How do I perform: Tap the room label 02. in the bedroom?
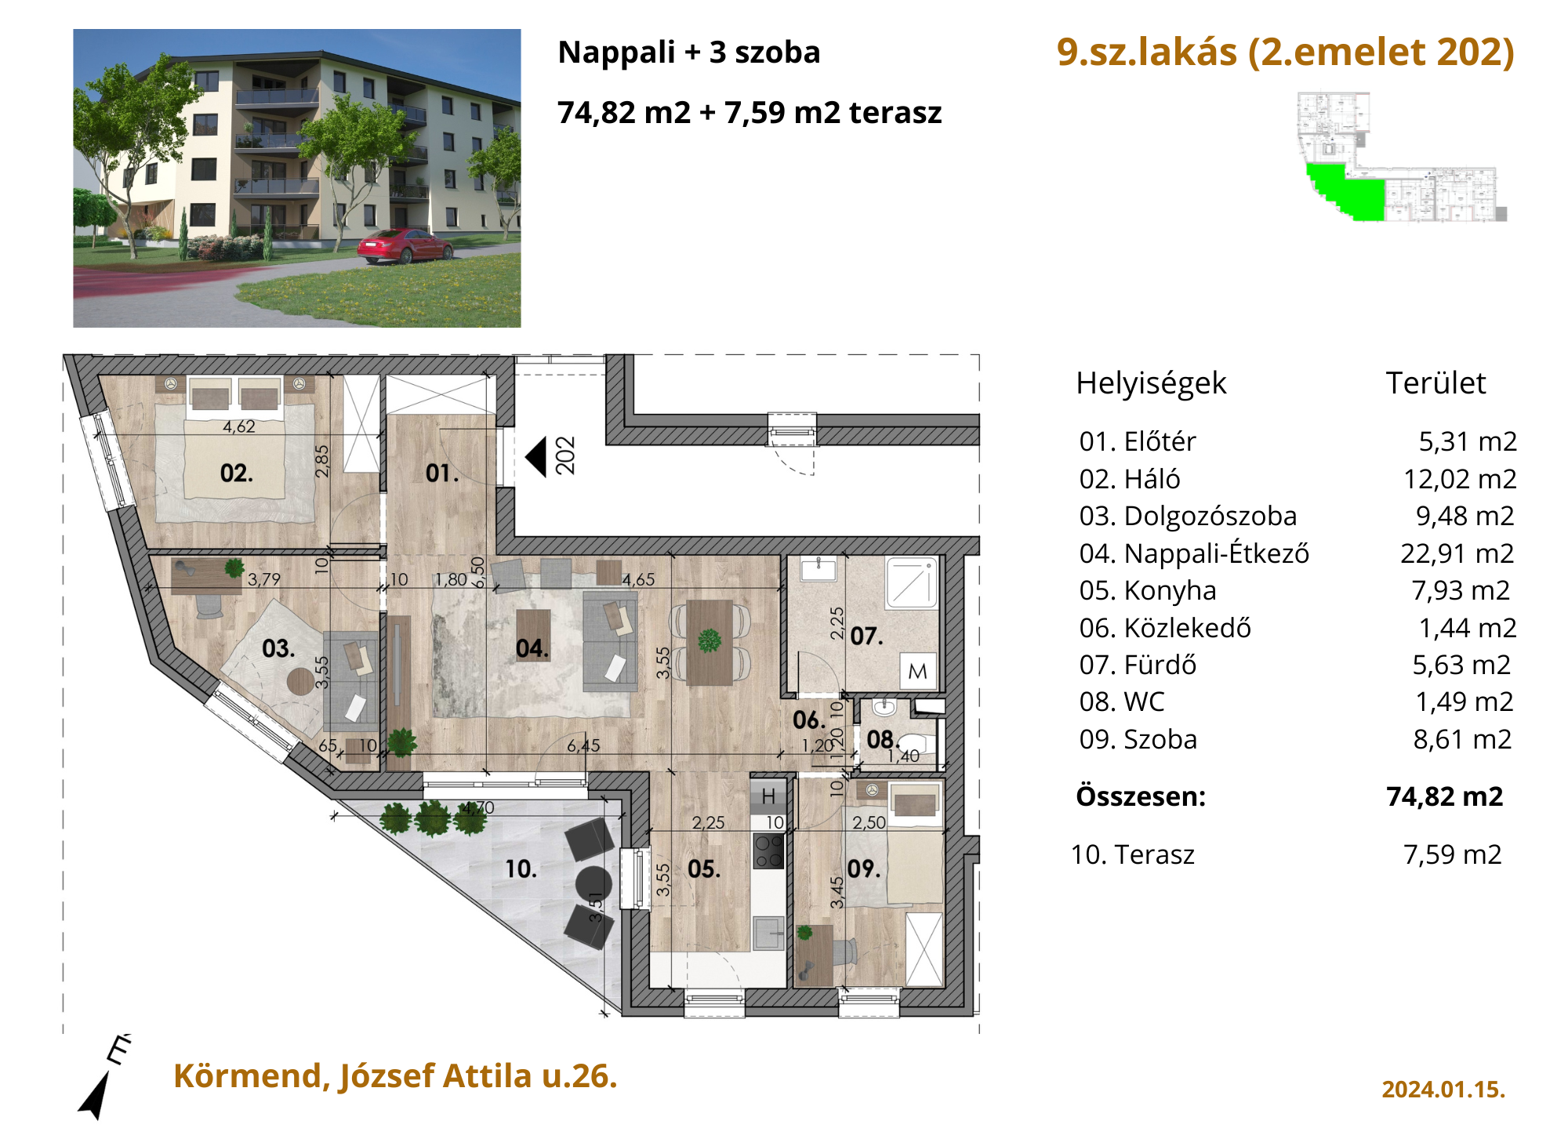coord(236,473)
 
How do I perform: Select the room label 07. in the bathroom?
coord(866,636)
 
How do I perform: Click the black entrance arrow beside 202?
coord(535,457)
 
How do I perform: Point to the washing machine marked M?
coord(918,671)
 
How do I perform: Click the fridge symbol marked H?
coord(768,796)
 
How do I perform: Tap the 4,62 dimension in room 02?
coord(239,426)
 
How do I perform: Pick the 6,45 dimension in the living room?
coord(583,745)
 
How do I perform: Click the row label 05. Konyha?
coord(1148,590)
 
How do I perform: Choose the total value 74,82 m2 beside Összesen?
coord(1445,796)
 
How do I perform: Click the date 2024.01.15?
coord(1443,1090)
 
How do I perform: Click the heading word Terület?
coord(1436,383)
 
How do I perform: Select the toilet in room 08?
coord(915,742)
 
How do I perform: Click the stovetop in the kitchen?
coord(768,850)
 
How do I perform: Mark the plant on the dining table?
coord(710,640)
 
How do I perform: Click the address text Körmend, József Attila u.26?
coord(395,1076)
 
